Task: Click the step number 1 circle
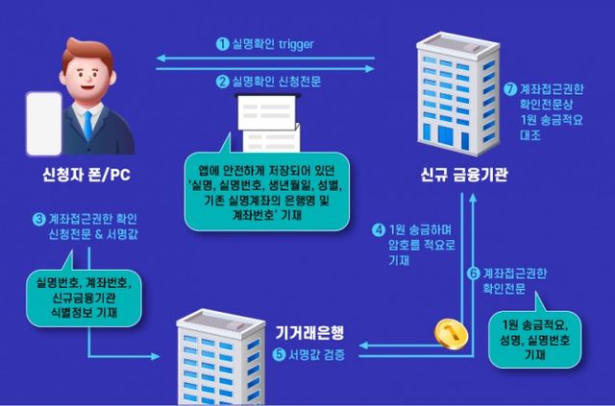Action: [x=220, y=43]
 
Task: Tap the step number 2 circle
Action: [x=220, y=82]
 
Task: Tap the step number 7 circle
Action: [x=510, y=87]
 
